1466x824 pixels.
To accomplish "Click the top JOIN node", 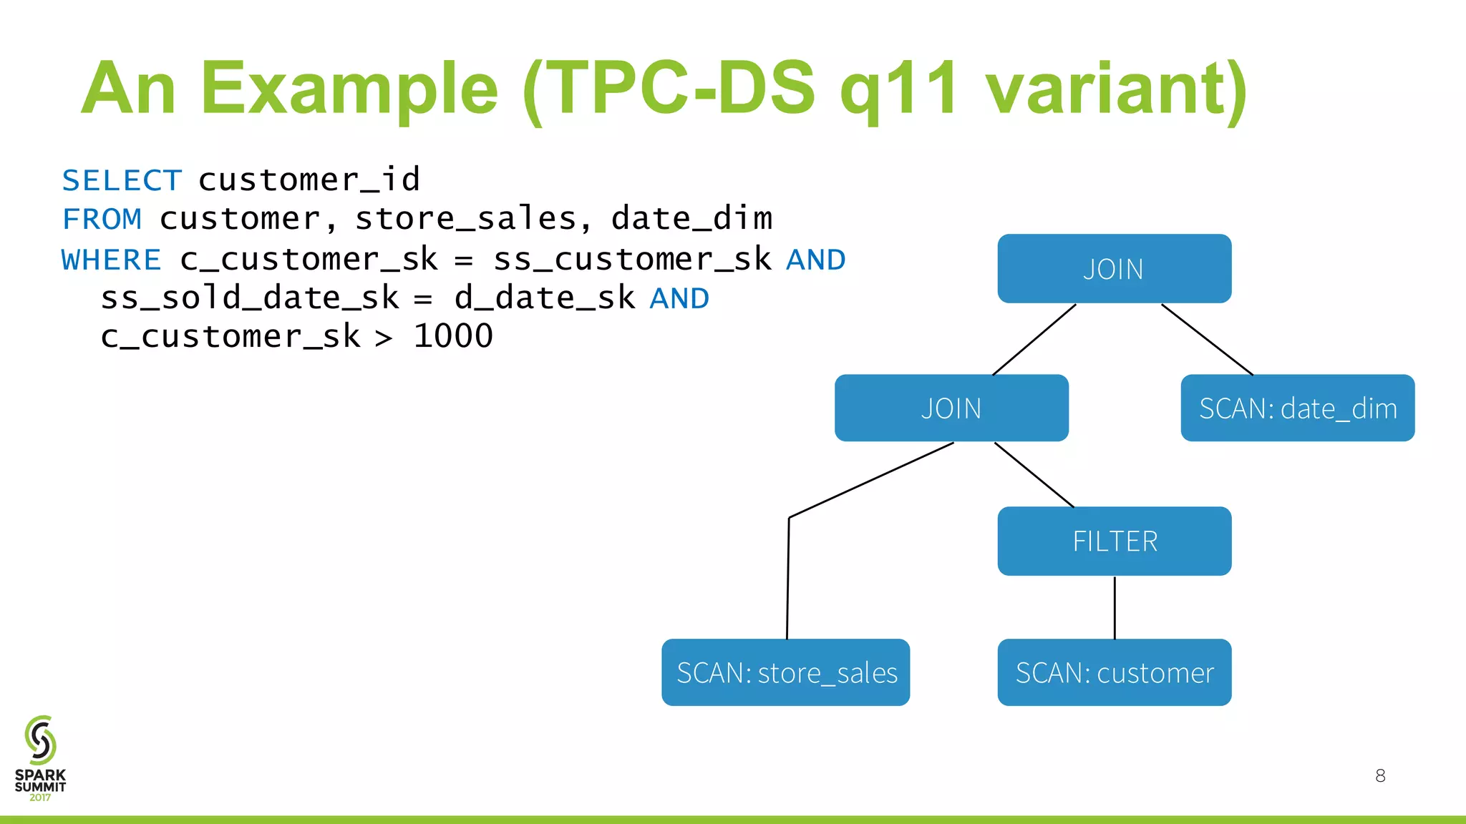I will (1114, 269).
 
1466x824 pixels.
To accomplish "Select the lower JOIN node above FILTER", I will (951, 408).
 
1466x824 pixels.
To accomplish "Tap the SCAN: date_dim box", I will (1297, 408).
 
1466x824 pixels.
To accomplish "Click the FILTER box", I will (1114, 541).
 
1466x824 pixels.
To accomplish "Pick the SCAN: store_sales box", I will (786, 672).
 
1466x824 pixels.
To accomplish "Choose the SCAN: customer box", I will (1114, 672).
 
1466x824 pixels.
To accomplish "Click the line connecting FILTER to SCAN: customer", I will (1115, 608).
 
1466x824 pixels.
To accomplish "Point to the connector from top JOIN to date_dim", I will (1207, 339).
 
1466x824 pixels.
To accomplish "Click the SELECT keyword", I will (122, 180).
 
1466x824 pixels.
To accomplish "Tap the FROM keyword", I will (102, 219).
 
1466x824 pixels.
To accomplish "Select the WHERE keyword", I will (111, 260).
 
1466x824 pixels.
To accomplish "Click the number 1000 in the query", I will (453, 336).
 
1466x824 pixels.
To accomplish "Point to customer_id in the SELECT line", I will (309, 180).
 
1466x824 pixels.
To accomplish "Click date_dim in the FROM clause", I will (691, 219).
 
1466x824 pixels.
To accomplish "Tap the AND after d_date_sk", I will (679, 298).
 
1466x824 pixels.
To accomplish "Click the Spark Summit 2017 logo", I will (40, 758).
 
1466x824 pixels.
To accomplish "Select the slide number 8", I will (1380, 775).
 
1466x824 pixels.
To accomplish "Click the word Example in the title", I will (349, 89).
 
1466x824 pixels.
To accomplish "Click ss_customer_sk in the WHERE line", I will (632, 260).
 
